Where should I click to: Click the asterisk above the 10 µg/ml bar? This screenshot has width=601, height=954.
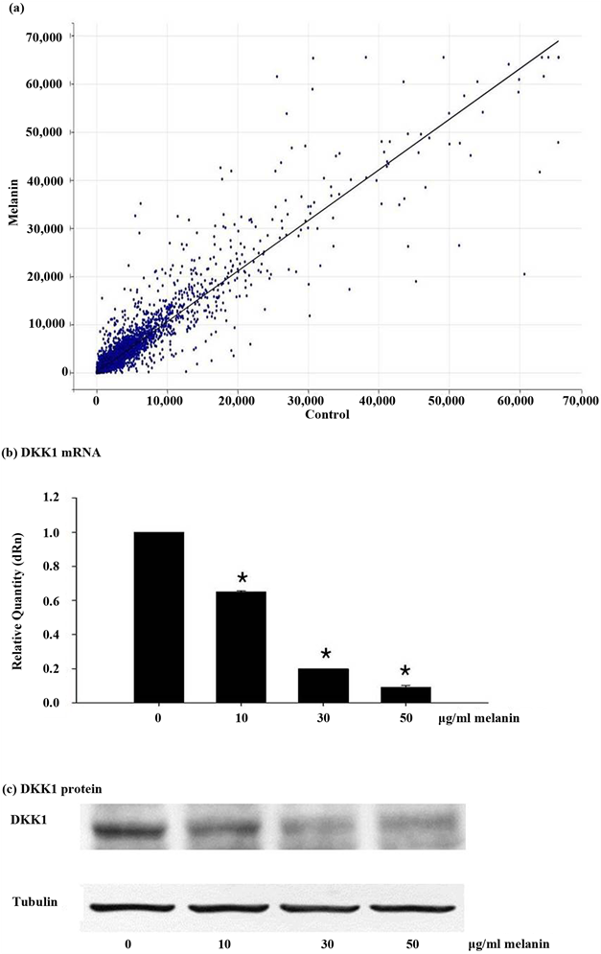243,579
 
